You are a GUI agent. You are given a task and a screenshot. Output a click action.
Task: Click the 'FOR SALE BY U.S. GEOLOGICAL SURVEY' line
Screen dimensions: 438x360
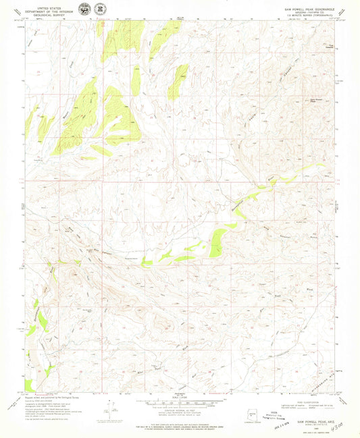(179, 425)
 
